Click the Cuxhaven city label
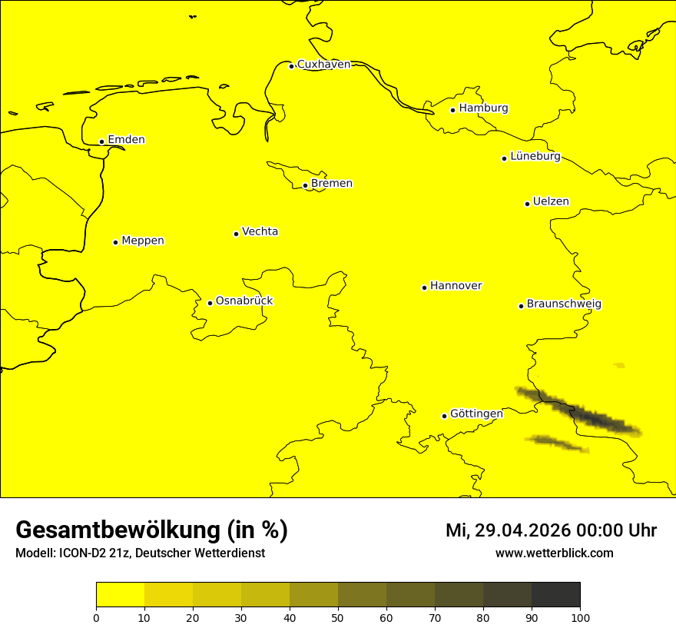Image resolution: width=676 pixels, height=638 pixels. tap(323, 65)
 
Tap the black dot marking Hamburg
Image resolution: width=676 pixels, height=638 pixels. tap(453, 110)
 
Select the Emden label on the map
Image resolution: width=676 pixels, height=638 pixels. tap(126, 140)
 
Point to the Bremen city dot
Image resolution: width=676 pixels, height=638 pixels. tap(305, 185)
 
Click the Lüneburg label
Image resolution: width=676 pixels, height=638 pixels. tap(535, 157)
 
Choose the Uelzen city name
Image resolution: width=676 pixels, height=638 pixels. tap(551, 202)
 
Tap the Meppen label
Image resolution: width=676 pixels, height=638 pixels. tap(143, 241)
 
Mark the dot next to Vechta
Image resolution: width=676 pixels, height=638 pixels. tap(236, 234)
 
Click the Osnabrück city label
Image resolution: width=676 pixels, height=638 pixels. tap(244, 301)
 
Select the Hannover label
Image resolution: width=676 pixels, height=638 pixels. tap(456, 286)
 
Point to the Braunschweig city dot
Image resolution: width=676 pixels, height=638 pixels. tap(521, 306)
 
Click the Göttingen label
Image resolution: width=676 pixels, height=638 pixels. tap(476, 414)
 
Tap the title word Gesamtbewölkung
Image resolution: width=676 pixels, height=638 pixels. tap(118, 530)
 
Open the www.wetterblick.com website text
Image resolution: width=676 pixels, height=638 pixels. tap(554, 553)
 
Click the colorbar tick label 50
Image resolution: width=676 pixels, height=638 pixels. tap(338, 617)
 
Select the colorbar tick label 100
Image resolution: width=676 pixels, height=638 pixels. tap(580, 617)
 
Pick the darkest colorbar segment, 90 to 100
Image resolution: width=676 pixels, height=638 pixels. tap(555, 595)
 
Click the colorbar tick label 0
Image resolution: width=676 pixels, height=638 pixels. tap(96, 617)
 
